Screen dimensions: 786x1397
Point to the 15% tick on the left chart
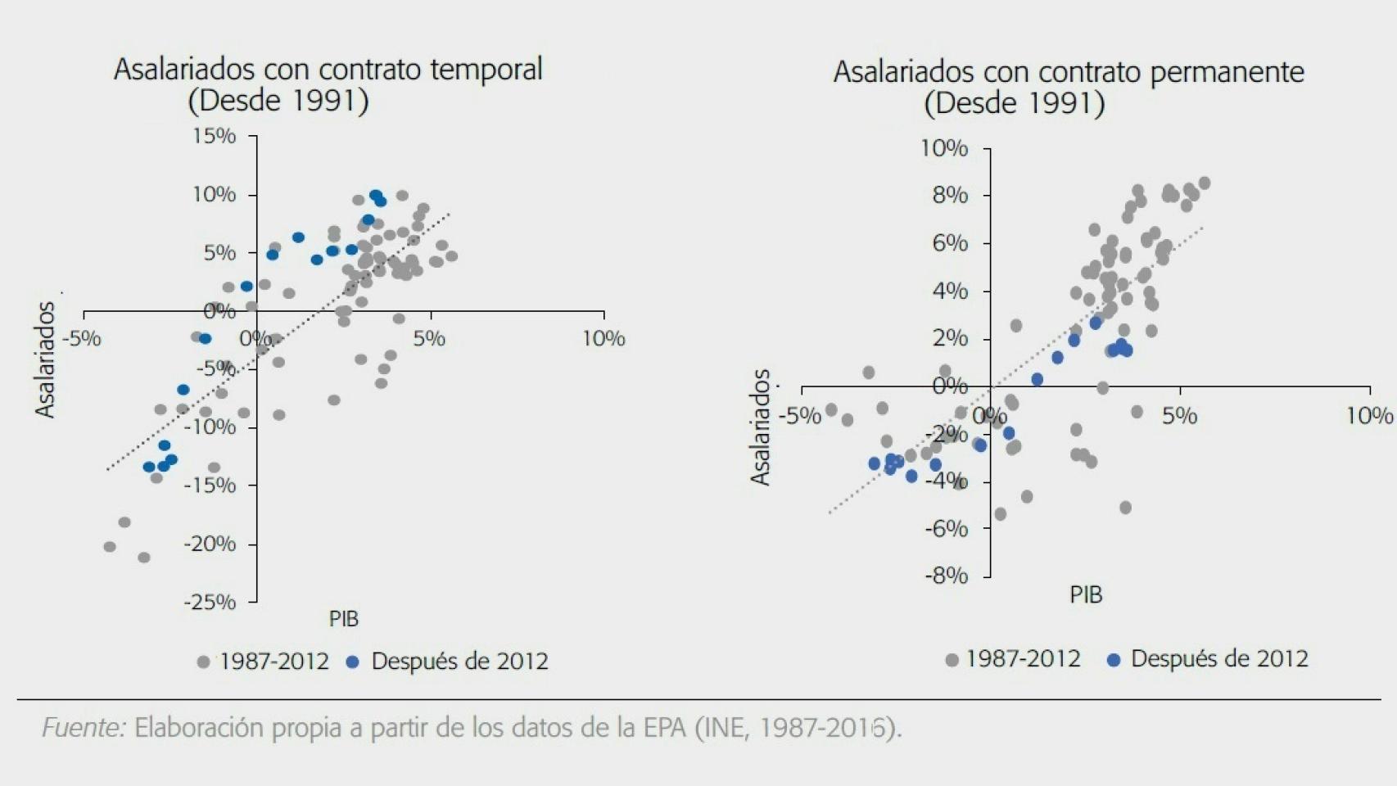click(x=215, y=136)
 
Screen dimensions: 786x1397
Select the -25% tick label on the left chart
click(x=210, y=603)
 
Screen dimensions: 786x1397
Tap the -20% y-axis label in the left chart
click(x=210, y=544)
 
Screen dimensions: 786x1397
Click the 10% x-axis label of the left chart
click(x=604, y=339)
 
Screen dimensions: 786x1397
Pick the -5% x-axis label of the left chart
click(x=84, y=339)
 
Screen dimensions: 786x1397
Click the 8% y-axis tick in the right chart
click(x=950, y=196)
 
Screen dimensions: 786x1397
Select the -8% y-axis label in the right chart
click(x=947, y=576)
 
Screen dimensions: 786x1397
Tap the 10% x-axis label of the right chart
click(x=1369, y=417)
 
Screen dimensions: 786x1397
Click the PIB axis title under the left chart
click(x=344, y=619)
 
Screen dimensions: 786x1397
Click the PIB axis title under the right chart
click(x=1086, y=595)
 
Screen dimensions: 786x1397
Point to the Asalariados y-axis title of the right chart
click(x=761, y=427)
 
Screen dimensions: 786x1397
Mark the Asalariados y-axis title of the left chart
click(x=45, y=359)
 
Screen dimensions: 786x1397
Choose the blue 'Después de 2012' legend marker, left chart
click(x=353, y=662)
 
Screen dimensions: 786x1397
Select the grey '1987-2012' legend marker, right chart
click(x=952, y=660)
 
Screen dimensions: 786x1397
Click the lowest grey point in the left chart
click(x=144, y=558)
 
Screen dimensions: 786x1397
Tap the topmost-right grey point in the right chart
click(x=1204, y=183)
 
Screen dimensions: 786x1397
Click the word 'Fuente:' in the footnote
click(x=84, y=728)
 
